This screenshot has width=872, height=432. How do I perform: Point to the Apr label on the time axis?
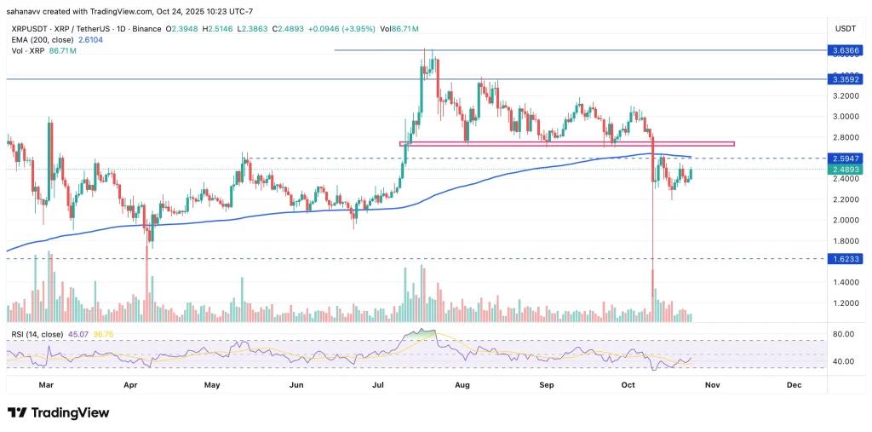131,385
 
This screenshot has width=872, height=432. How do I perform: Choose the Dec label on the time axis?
794,385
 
